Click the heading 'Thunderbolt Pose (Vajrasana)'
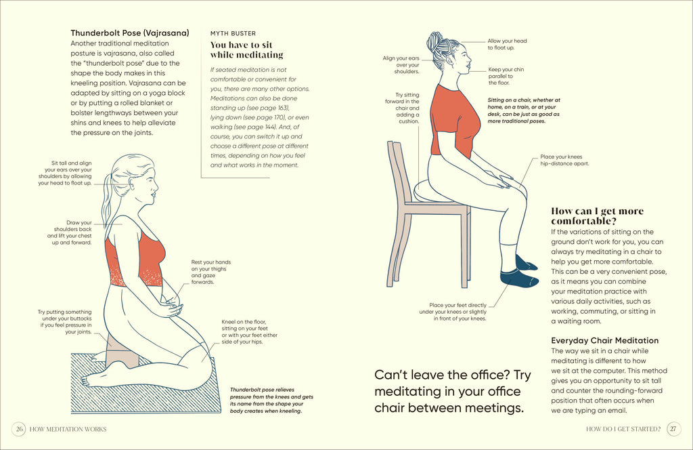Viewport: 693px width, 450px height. (x=130, y=33)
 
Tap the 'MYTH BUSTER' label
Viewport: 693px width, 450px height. (x=233, y=33)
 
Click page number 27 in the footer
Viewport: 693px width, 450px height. (x=673, y=429)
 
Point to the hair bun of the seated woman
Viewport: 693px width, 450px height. (x=435, y=41)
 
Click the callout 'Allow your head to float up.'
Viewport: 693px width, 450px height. (x=507, y=45)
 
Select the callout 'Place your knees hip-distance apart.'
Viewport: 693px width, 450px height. (x=564, y=160)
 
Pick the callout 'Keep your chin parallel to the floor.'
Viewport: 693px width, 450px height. (x=506, y=76)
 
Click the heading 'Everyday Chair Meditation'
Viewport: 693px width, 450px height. (x=604, y=340)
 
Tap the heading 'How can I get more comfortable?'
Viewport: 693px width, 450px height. (x=598, y=216)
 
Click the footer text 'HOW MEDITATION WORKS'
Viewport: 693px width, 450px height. (x=68, y=429)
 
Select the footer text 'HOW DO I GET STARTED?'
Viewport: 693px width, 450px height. (x=623, y=429)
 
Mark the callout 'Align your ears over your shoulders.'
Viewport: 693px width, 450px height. (x=401, y=64)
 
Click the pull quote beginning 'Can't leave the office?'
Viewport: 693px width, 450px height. (x=453, y=391)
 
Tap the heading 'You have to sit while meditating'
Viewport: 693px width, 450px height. (x=246, y=49)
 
